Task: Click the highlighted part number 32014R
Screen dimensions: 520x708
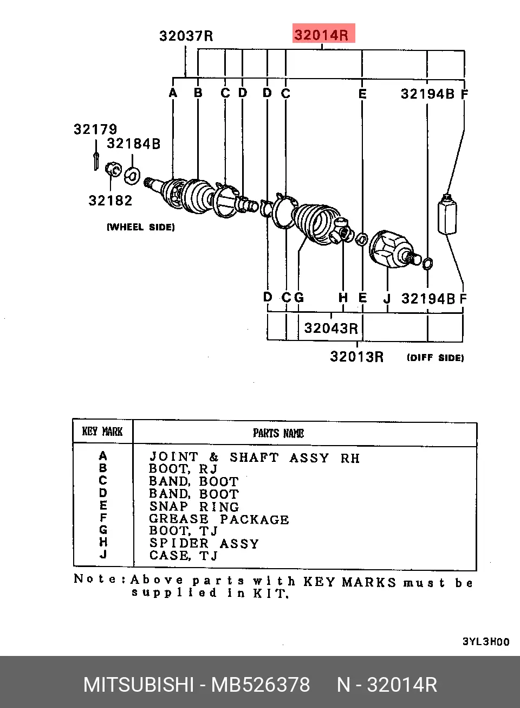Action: click(321, 35)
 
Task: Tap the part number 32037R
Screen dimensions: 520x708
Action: click(186, 36)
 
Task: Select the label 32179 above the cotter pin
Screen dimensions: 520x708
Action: click(95, 129)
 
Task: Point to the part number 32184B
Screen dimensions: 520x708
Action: click(134, 144)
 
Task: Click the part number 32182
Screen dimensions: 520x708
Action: click(110, 201)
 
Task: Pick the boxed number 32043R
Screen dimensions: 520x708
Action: click(331, 328)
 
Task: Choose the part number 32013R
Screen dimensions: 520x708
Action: click(357, 357)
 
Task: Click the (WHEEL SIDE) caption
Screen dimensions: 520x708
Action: click(141, 227)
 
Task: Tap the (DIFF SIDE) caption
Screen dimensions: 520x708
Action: click(435, 358)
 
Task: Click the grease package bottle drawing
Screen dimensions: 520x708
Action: click(447, 214)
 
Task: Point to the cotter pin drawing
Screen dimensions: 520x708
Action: click(96, 161)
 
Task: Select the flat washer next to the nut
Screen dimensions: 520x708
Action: click(132, 176)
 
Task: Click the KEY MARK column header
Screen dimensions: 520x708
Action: click(102, 432)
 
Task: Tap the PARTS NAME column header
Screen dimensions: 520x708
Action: click(278, 433)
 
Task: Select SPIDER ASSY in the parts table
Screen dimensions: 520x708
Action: click(204, 543)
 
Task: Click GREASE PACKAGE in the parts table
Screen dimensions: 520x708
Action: click(219, 519)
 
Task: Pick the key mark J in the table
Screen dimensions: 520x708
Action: click(103, 554)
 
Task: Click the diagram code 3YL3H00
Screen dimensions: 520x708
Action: click(486, 642)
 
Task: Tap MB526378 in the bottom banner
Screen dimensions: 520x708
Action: click(261, 685)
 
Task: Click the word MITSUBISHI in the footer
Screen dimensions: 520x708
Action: click(138, 685)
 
